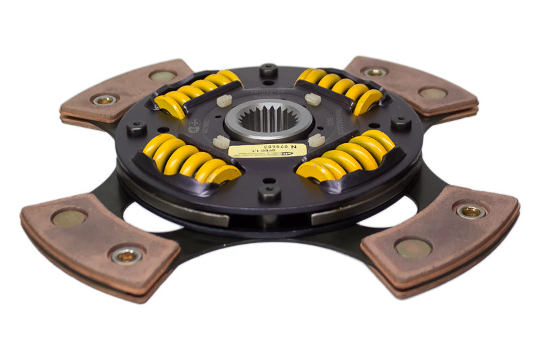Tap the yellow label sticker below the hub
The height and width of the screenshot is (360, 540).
tap(267, 150)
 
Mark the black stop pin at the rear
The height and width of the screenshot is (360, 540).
tap(268, 70)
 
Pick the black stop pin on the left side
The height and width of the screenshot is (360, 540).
tap(137, 128)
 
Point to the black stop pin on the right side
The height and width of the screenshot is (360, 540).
tap(401, 123)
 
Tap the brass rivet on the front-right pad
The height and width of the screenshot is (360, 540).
tap(470, 211)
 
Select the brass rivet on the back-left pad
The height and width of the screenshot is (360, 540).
tap(104, 99)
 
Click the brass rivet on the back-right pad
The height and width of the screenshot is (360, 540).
tap(375, 71)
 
